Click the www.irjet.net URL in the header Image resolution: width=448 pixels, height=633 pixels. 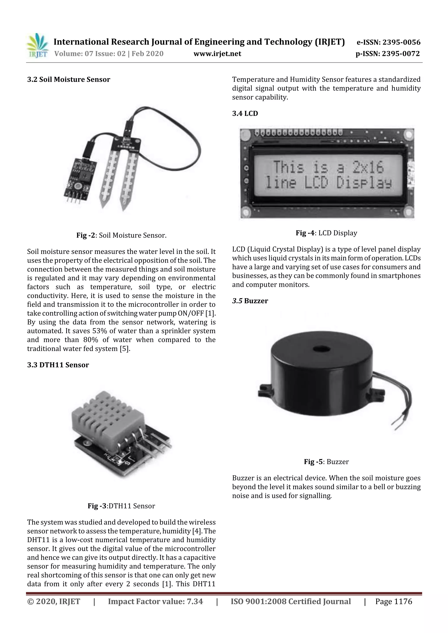coord(217,54)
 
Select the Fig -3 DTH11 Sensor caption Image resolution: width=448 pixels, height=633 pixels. coord(121,506)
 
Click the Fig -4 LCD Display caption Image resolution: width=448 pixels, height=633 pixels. coord(326,233)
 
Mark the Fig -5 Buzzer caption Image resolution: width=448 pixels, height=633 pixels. coord(326,461)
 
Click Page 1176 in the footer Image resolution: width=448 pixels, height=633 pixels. coord(393,601)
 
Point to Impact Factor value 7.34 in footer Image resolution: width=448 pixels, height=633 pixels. coord(155,601)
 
